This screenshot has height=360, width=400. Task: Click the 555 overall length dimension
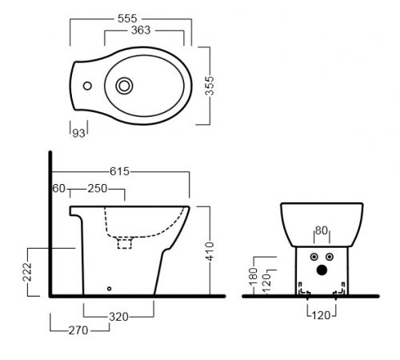point(127,18)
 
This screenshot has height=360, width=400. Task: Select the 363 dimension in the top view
point(141,30)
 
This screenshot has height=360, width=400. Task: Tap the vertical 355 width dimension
point(210,86)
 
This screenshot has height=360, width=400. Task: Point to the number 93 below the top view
point(78,133)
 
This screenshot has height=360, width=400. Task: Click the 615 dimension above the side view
point(119,171)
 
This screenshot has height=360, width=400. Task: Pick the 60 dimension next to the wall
point(58,188)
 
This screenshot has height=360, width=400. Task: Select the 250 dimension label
point(98,189)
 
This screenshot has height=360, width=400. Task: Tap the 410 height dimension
point(210,251)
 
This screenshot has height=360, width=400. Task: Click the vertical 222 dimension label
point(27,272)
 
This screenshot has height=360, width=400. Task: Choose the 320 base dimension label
point(118,317)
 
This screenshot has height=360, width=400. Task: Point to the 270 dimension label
point(78,330)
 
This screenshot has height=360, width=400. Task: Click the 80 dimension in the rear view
point(322,230)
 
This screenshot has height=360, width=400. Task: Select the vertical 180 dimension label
point(253,277)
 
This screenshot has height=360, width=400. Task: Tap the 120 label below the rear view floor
point(321,315)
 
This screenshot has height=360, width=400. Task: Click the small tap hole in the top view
point(87,86)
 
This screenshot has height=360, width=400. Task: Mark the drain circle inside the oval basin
point(124,86)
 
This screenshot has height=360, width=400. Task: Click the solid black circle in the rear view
point(322,270)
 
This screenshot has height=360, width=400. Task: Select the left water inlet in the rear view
point(314,257)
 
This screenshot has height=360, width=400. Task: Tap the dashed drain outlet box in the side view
point(125,243)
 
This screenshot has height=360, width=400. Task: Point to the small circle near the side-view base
point(109,289)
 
